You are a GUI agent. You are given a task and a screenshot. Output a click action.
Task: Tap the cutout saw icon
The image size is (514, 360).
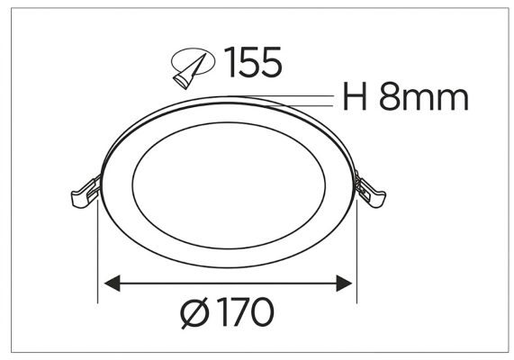point(193,68)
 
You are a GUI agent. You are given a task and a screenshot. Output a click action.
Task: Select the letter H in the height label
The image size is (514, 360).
point(355,96)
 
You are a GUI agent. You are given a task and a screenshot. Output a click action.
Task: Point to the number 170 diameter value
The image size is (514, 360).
point(248,311)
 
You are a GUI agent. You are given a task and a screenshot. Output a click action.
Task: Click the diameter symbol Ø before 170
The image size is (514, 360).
point(194,312)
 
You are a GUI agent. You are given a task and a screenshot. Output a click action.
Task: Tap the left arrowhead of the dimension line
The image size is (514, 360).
point(113,283)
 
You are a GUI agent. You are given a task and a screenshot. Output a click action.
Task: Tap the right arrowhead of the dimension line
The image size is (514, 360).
point(344,283)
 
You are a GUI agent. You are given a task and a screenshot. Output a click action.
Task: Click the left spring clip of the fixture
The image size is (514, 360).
point(86,193)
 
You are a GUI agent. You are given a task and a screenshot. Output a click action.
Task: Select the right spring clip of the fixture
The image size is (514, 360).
point(371,191)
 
